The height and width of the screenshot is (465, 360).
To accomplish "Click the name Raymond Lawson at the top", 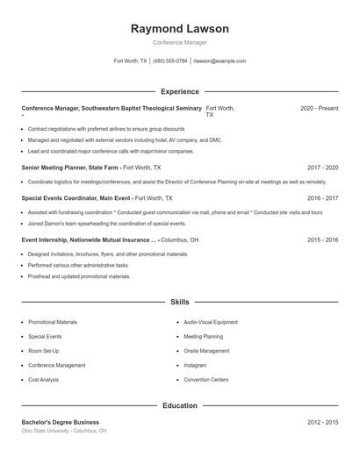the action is (x=179, y=29).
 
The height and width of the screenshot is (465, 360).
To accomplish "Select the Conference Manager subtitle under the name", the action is (x=179, y=43).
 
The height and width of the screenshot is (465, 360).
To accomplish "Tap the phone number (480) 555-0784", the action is (x=170, y=61).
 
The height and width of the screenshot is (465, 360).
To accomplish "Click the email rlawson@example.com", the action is (x=220, y=61).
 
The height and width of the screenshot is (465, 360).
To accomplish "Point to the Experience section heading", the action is (x=179, y=91).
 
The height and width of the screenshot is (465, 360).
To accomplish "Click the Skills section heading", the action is (x=179, y=302).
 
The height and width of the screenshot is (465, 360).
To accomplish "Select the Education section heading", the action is (x=179, y=406).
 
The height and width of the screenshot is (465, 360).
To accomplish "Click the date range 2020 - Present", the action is (x=319, y=108).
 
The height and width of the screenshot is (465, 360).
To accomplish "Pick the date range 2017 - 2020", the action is (x=322, y=167).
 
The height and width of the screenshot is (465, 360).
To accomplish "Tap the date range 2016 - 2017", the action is (x=322, y=198).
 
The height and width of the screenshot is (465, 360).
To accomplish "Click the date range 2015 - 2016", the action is (x=322, y=240).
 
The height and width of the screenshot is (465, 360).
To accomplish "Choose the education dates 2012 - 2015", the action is (x=322, y=422).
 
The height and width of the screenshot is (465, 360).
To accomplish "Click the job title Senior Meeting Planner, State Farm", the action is (x=70, y=167).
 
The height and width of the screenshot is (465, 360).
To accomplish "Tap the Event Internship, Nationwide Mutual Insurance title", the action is (x=88, y=240).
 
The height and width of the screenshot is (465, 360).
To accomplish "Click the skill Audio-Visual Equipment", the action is (x=211, y=322).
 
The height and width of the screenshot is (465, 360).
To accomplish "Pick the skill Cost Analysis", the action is (x=44, y=380).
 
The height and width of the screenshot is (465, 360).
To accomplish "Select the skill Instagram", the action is (x=195, y=365).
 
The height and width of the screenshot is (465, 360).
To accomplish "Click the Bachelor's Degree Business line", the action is (x=61, y=422).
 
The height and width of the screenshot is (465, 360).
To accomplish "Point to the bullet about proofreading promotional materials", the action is (x=79, y=276).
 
